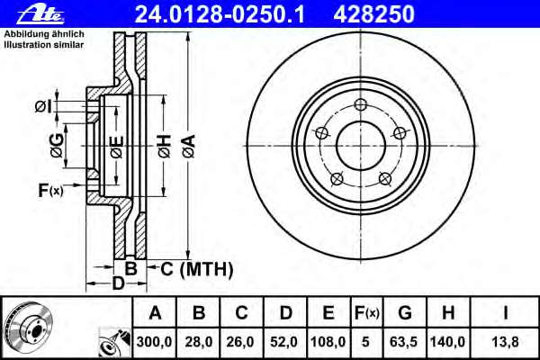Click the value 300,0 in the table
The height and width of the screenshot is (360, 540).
coord(155,342)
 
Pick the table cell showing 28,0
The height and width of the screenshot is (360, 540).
coord(199,342)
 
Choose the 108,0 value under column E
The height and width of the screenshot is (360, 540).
coord(328,342)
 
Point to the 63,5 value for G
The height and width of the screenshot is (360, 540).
coord(404,342)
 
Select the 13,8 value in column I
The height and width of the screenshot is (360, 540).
coord(507,342)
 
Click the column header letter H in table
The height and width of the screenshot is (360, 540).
coord(447,313)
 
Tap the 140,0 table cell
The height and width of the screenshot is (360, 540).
coord(447,342)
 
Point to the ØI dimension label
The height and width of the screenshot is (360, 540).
coord(43,107)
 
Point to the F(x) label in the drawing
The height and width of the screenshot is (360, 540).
coord(50,190)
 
